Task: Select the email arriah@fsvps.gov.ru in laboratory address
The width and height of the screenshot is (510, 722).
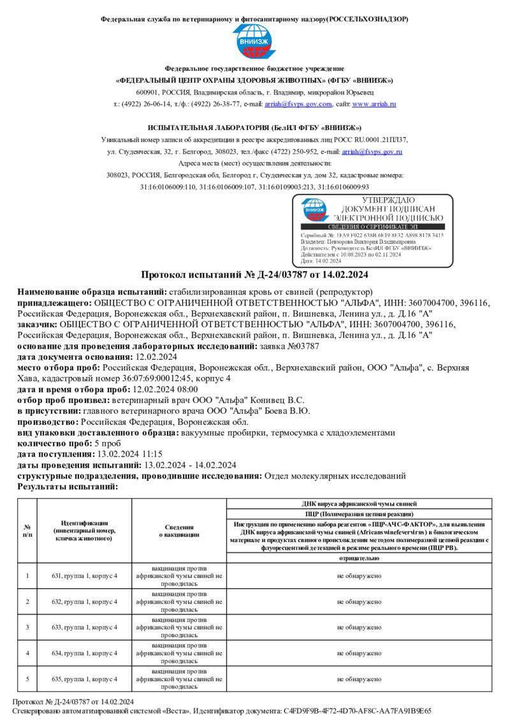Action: click(x=372, y=152)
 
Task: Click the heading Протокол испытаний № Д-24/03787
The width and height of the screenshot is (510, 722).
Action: click(x=254, y=275)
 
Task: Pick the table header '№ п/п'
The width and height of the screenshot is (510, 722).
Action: click(x=27, y=531)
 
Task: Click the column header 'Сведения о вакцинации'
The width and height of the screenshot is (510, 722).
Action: click(x=179, y=531)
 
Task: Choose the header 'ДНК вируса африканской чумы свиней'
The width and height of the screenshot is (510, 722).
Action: click(x=359, y=503)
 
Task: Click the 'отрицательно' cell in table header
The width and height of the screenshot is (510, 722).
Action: click(x=359, y=557)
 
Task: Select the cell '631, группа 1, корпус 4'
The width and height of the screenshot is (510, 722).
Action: click(x=84, y=576)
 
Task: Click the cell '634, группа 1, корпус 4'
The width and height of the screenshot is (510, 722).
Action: click(x=84, y=652)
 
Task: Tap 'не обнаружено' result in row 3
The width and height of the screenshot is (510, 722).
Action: click(x=359, y=627)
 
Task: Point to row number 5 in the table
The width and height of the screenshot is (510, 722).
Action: click(x=27, y=678)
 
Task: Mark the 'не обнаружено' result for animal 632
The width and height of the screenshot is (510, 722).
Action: click(x=359, y=601)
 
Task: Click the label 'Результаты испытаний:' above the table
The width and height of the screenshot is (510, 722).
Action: click(x=68, y=486)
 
